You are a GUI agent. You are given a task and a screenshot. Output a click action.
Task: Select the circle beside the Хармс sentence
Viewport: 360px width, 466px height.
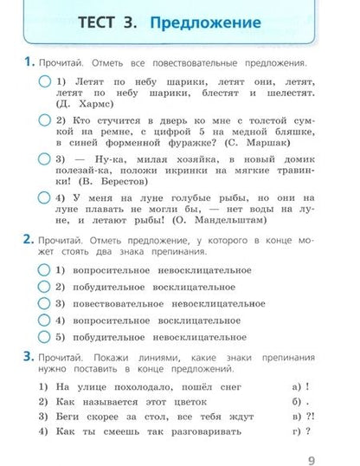pyautogui.click(x=44, y=81)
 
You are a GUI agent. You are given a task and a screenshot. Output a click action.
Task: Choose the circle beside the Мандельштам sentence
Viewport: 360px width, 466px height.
pyautogui.click(x=44, y=197)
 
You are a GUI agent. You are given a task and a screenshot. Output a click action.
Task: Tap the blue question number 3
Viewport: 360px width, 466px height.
pyautogui.click(x=29, y=356)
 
